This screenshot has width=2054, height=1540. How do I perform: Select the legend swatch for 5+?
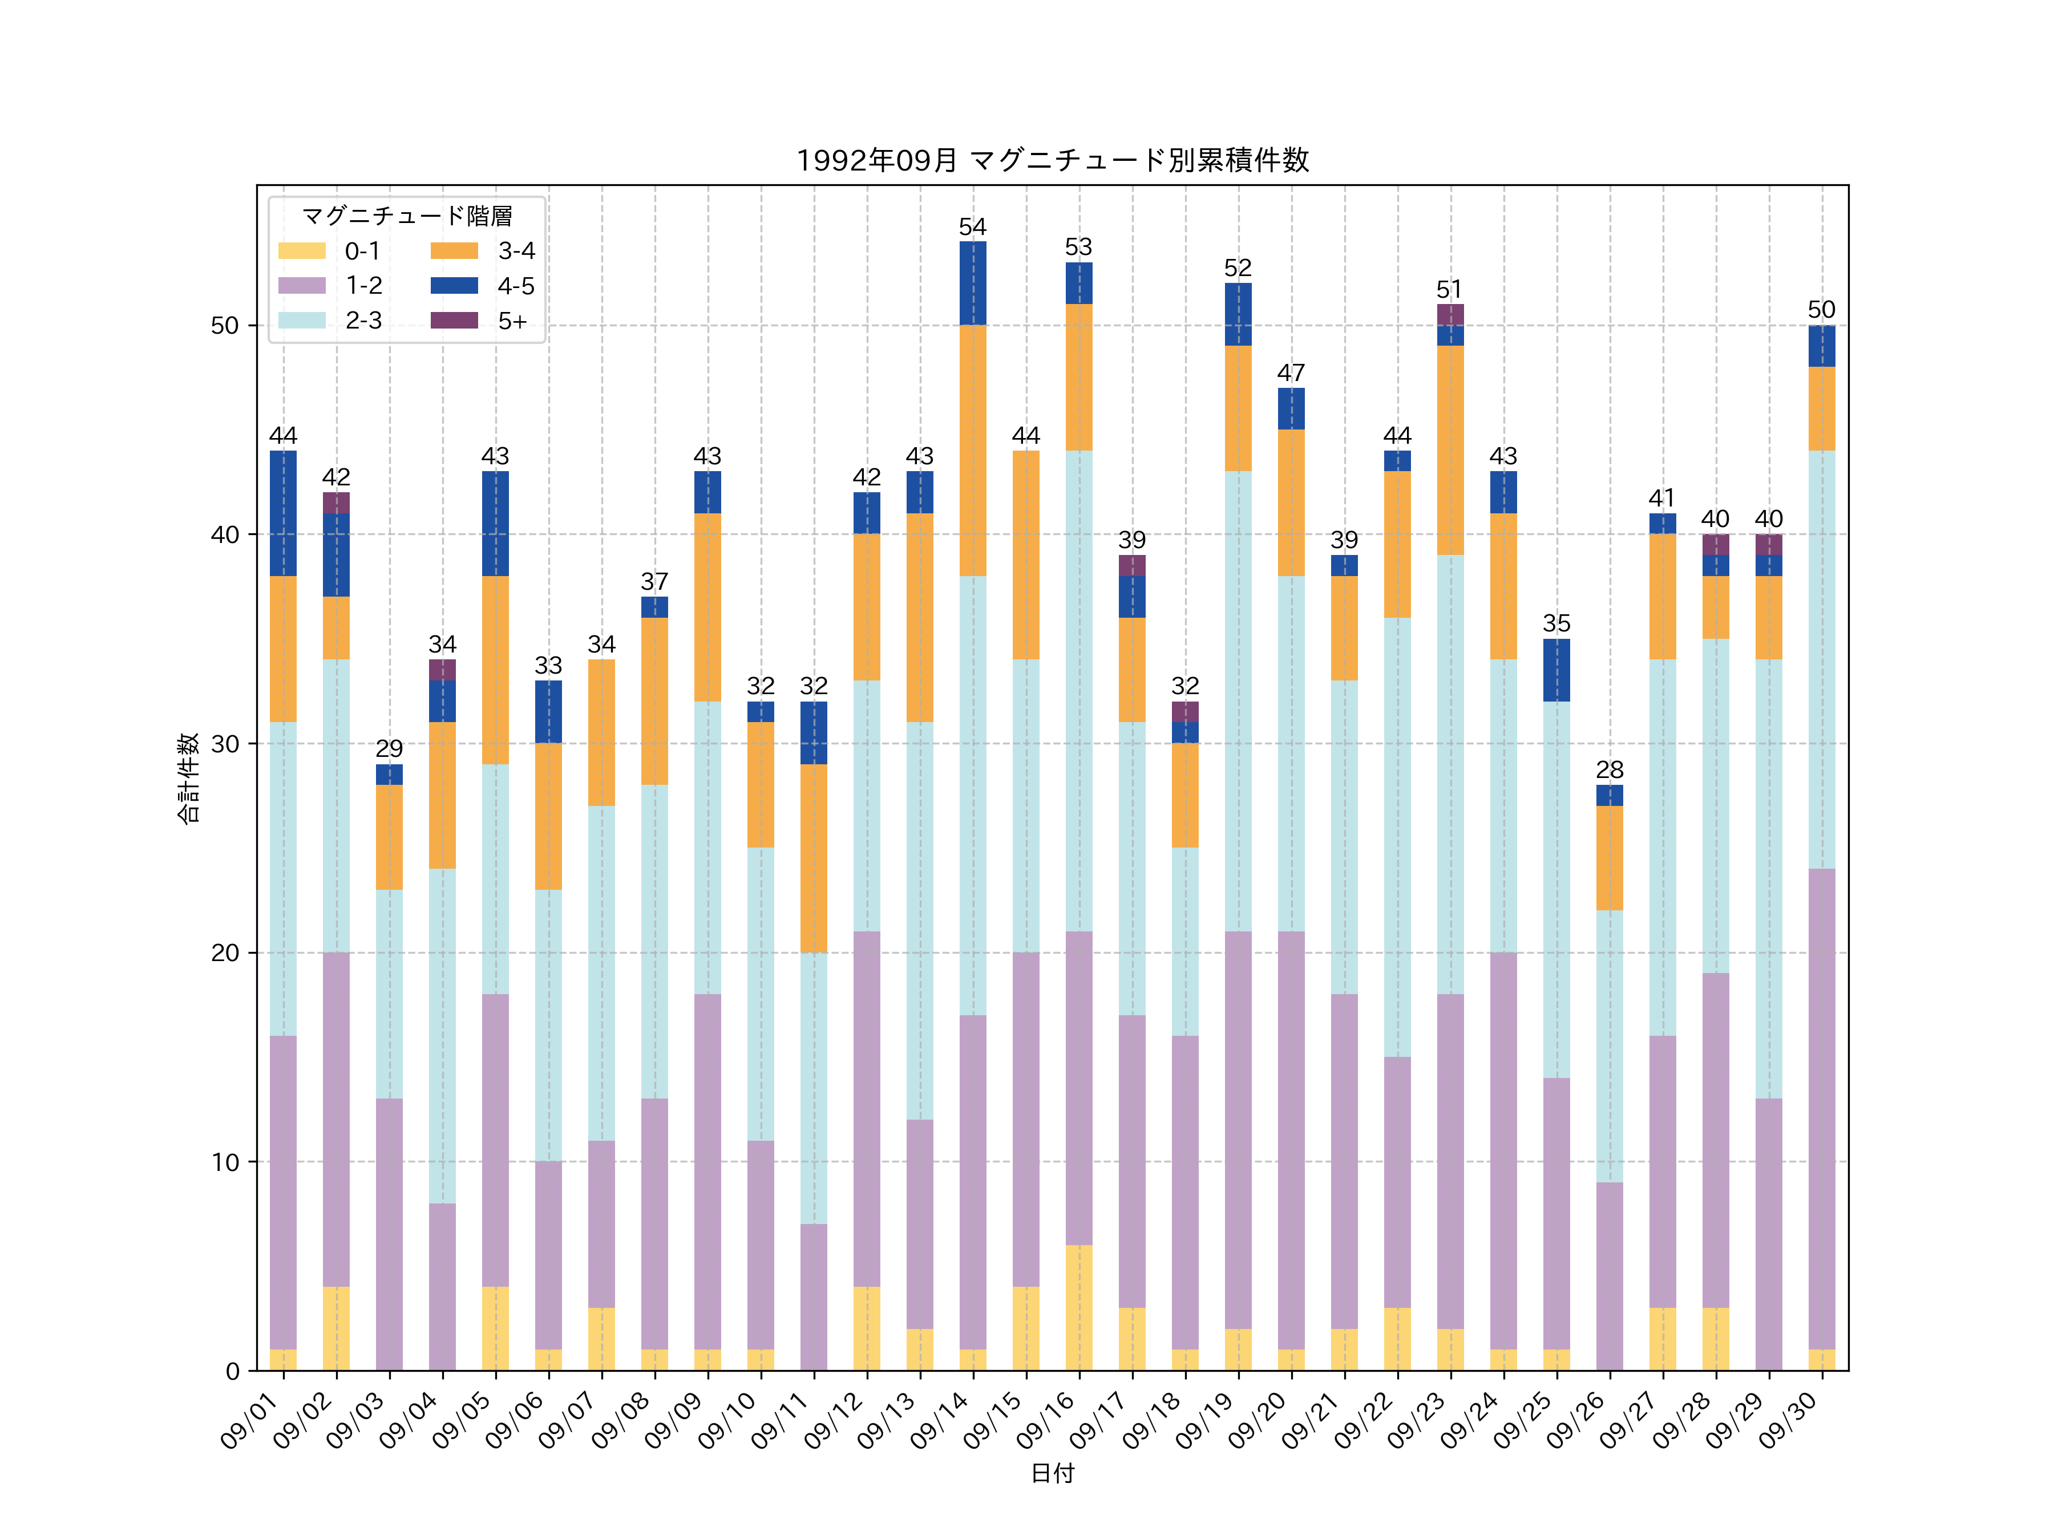pos(454,320)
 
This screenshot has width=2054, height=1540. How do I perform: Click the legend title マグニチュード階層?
pos(407,216)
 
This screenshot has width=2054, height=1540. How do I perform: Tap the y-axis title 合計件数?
pos(188,778)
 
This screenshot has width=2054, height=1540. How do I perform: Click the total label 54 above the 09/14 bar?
pos(972,228)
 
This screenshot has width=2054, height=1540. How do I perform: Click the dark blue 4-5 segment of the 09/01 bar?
pos(283,513)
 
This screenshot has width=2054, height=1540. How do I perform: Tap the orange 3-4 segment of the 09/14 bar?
pos(972,450)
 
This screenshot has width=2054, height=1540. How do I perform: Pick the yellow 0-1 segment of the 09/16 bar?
pos(1078,1307)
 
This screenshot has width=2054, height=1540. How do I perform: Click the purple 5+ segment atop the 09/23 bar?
pos(1450,315)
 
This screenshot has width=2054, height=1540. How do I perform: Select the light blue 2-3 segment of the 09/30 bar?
pos(1821,659)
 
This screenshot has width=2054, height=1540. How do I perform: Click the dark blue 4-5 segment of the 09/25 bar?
pos(1556,670)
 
